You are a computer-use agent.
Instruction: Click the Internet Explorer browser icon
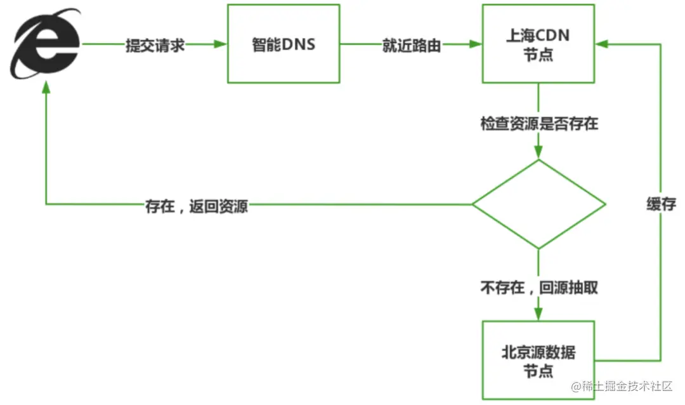click(45, 43)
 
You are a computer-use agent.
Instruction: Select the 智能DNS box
click(284, 43)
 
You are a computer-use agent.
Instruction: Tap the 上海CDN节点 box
click(538, 43)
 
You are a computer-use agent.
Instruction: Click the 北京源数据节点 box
click(538, 359)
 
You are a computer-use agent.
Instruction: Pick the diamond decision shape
click(538, 204)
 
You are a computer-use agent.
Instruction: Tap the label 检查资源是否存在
click(538, 124)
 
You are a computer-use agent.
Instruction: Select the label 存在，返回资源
click(196, 207)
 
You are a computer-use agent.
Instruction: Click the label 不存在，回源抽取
click(538, 288)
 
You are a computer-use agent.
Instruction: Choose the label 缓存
click(661, 204)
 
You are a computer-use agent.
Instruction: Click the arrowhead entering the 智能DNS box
click(221, 44)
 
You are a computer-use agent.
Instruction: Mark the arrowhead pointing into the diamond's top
click(538, 152)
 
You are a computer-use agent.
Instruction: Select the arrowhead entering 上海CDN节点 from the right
click(602, 44)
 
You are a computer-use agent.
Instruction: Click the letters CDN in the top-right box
click(552, 36)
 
